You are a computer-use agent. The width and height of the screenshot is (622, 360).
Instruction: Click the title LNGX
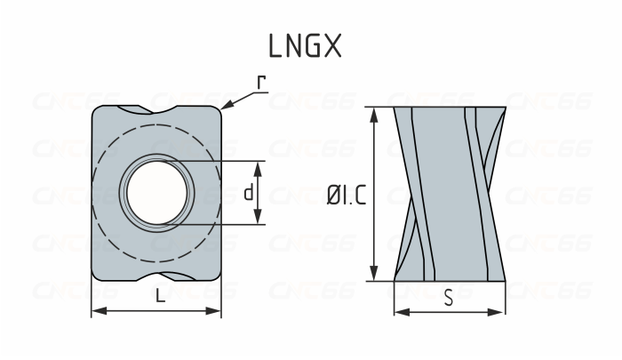tap(304, 46)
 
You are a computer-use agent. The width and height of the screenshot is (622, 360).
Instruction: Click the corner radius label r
tap(261, 83)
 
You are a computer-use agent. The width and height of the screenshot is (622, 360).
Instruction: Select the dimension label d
tap(249, 193)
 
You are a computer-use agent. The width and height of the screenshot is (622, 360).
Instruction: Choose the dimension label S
tap(449, 298)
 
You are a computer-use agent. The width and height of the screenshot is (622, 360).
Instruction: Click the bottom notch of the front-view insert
tap(156, 276)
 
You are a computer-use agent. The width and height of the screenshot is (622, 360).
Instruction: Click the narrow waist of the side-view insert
tap(450, 194)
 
